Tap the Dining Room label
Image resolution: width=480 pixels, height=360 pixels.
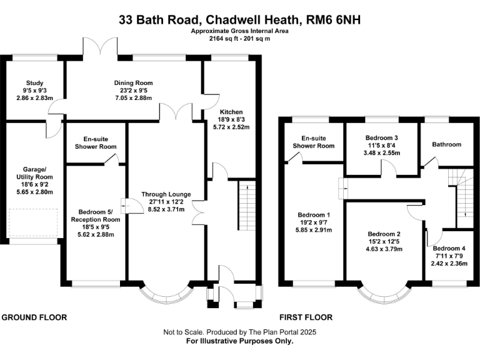click(x=133, y=83)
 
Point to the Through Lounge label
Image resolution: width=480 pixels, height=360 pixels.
click(x=166, y=194)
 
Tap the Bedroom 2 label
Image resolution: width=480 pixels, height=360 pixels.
click(x=384, y=235)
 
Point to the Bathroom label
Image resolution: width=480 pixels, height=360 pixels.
click(x=446, y=144)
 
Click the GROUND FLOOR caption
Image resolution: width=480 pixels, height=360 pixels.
click(x=34, y=317)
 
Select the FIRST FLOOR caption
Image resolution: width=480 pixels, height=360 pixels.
click(x=306, y=317)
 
